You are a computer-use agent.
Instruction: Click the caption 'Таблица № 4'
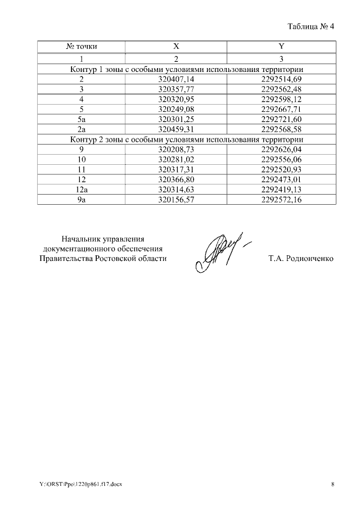pos(310,26)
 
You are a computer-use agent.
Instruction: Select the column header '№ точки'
pos(82,46)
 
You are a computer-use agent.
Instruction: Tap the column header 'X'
pos(176,46)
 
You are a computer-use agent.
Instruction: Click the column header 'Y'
pos(281,46)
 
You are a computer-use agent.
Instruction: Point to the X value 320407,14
pos(176,79)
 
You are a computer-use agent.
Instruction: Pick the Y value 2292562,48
pos(281,89)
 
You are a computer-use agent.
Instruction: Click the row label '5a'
pos(82,119)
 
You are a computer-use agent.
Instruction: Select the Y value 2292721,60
pos(281,119)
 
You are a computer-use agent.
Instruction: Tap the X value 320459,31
pos(176,129)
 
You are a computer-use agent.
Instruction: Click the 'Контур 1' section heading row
pos(187,69)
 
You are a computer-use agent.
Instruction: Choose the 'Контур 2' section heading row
pos(187,139)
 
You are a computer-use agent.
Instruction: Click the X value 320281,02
pos(176,159)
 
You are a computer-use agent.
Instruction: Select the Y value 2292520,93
pos(281,169)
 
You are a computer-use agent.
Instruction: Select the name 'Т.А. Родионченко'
pos(301,259)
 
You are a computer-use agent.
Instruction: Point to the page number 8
pos(332,484)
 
